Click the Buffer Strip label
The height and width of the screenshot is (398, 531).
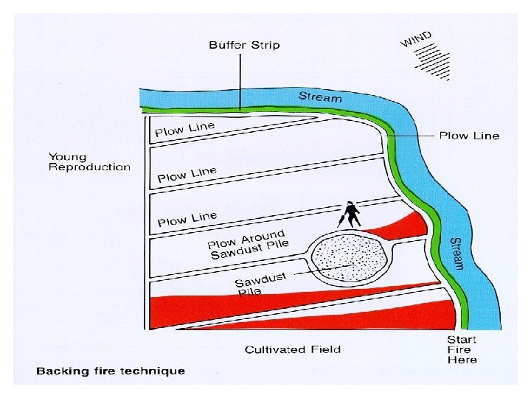(x=244, y=45)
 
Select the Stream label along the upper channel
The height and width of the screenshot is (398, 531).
(x=320, y=97)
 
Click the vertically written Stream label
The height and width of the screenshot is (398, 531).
(x=457, y=253)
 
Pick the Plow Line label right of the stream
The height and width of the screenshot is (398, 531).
(x=469, y=136)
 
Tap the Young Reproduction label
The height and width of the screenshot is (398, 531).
(x=89, y=161)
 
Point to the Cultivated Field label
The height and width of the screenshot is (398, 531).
(x=293, y=349)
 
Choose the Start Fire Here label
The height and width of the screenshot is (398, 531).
(x=462, y=349)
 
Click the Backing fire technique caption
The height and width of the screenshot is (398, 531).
(x=111, y=371)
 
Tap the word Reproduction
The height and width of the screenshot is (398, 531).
(x=89, y=167)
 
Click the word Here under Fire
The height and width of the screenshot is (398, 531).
(x=462, y=360)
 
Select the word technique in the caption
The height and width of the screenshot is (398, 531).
(x=156, y=371)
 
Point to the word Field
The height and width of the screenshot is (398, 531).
(x=325, y=349)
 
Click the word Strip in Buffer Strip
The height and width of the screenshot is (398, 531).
(x=265, y=45)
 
